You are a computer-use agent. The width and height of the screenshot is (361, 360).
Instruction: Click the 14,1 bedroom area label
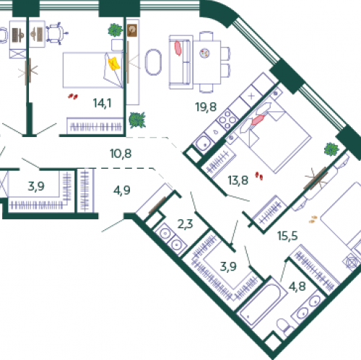coord(101,103)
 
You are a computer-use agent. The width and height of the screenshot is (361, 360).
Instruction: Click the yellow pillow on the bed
coord(113,63)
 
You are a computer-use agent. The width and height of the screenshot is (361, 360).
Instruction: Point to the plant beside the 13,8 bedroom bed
coord(331,149)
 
